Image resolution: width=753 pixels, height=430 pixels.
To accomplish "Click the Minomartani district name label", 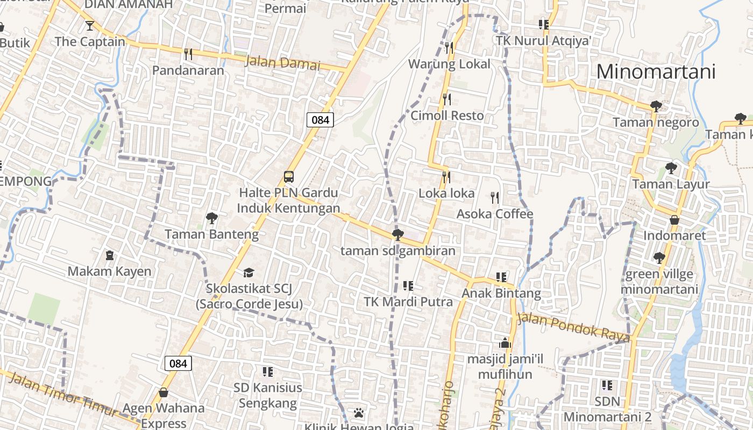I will click(656, 71).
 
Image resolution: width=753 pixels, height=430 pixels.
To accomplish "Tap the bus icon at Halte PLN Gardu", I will click(289, 177).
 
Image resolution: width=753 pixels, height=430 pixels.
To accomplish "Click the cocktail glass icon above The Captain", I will click(89, 25).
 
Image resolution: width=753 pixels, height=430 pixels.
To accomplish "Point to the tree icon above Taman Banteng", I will click(211, 218).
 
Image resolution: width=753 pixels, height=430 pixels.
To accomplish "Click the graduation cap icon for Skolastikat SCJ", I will click(248, 273).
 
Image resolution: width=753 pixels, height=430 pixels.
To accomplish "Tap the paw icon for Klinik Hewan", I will click(359, 413).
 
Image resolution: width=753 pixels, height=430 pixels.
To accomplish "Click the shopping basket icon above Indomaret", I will click(674, 220).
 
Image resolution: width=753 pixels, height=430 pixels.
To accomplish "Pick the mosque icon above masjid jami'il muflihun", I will click(505, 342).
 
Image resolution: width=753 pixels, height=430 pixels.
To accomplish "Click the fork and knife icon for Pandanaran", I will click(188, 54).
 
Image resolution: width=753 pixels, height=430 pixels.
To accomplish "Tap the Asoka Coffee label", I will click(495, 214).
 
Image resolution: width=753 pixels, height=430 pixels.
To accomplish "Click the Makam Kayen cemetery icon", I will click(110, 255).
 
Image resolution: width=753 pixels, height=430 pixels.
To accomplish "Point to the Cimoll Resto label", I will click(447, 116).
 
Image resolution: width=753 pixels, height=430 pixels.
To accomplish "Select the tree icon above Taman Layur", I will click(671, 168).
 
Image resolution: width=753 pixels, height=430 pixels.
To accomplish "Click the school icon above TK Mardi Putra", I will click(408, 286).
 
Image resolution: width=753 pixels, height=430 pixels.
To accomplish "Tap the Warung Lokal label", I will click(449, 64).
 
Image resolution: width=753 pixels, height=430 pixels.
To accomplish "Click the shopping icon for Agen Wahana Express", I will click(163, 393).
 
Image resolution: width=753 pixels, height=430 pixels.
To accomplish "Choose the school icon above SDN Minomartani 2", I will click(607, 385).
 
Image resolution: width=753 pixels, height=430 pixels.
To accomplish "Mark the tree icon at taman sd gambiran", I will click(397, 234).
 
